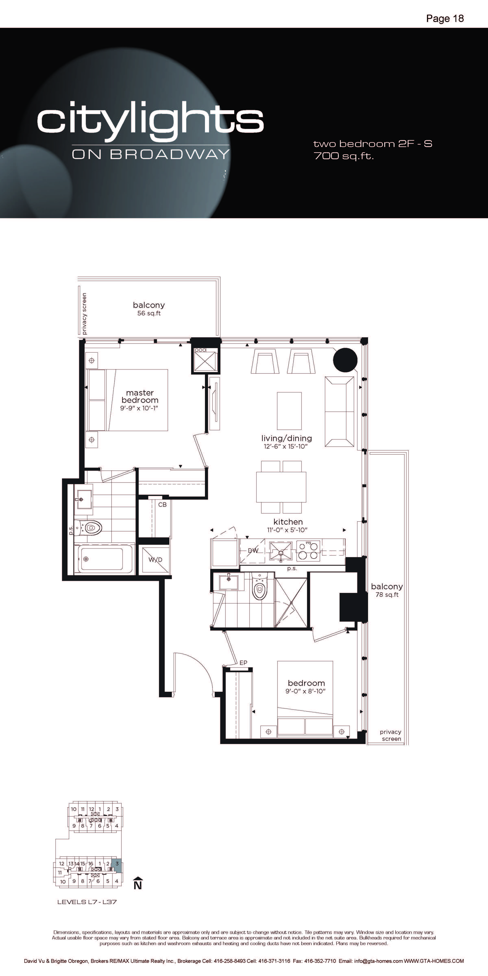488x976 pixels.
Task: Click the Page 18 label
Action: coord(445,19)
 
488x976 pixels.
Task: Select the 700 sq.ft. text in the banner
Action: coord(344,156)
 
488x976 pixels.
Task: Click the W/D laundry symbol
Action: coord(155,560)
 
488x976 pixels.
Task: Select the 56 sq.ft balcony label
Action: coord(149,313)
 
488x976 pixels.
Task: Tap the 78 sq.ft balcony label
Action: coord(387,595)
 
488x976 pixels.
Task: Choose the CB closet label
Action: coord(162,505)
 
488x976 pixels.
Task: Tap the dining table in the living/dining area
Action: coord(281,487)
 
